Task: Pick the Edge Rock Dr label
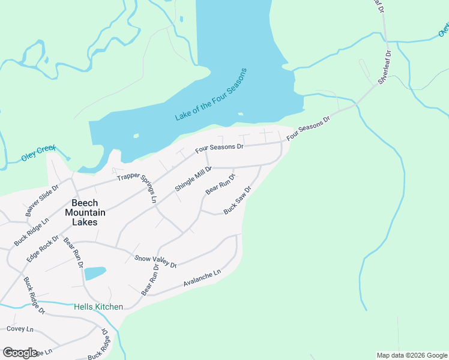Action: (43, 248)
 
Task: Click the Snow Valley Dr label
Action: (156, 262)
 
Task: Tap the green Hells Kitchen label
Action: (98, 307)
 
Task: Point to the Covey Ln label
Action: (20, 329)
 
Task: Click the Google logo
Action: (20, 353)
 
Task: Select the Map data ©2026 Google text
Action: (412, 355)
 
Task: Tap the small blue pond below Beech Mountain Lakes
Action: (95, 274)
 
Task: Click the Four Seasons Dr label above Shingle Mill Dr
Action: (220, 148)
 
